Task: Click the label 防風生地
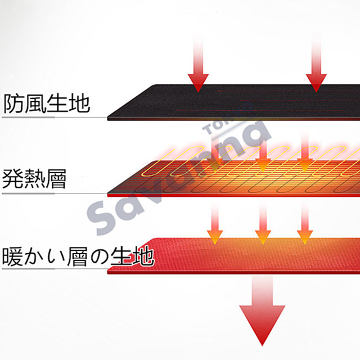(47, 104)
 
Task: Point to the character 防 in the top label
(13, 104)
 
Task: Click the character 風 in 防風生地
(35, 104)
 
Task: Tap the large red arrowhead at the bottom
(261, 323)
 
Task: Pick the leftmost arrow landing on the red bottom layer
(214, 231)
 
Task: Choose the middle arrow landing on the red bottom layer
(261, 231)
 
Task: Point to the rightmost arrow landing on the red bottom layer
(305, 231)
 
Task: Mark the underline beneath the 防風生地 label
(53, 118)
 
